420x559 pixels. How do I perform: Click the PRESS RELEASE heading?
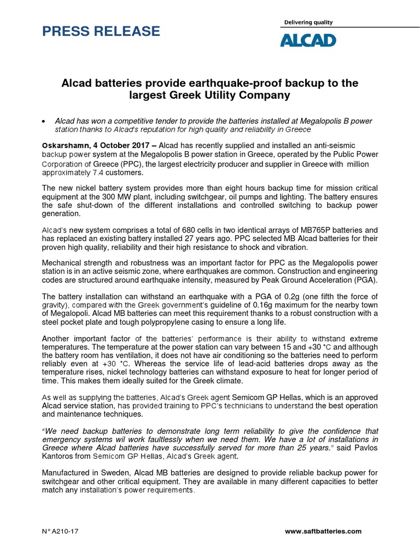(x=101, y=31)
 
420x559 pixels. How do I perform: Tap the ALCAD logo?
(x=309, y=40)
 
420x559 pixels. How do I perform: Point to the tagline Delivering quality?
(x=308, y=22)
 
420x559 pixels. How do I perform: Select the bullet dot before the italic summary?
(x=44, y=121)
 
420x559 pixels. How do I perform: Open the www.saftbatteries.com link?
(x=324, y=531)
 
